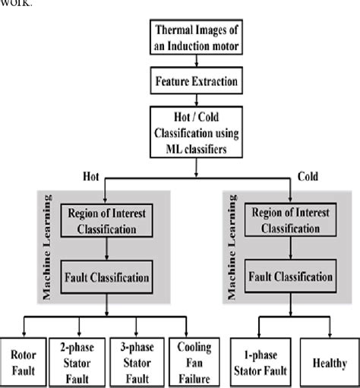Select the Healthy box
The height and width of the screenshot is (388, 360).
click(330, 360)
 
